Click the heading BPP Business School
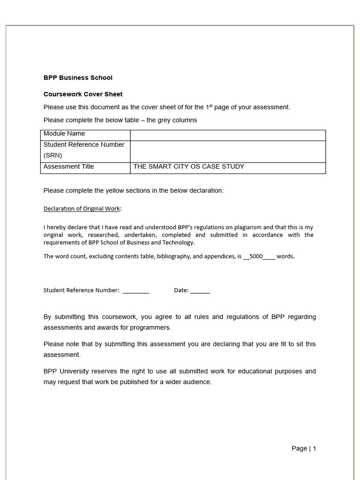[x=78, y=78]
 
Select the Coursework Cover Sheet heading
[x=83, y=94]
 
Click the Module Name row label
[x=64, y=134]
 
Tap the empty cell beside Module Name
[x=228, y=135]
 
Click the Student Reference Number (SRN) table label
[x=84, y=150]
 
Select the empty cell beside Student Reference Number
[x=228, y=151]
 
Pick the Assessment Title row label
[x=69, y=167]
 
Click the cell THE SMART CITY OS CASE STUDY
[x=189, y=167]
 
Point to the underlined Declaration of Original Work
[x=82, y=209]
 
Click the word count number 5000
[x=256, y=256]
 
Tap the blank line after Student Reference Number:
[x=136, y=291]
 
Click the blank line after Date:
[x=200, y=291]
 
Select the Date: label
[x=181, y=290]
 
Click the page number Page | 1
[x=304, y=449]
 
